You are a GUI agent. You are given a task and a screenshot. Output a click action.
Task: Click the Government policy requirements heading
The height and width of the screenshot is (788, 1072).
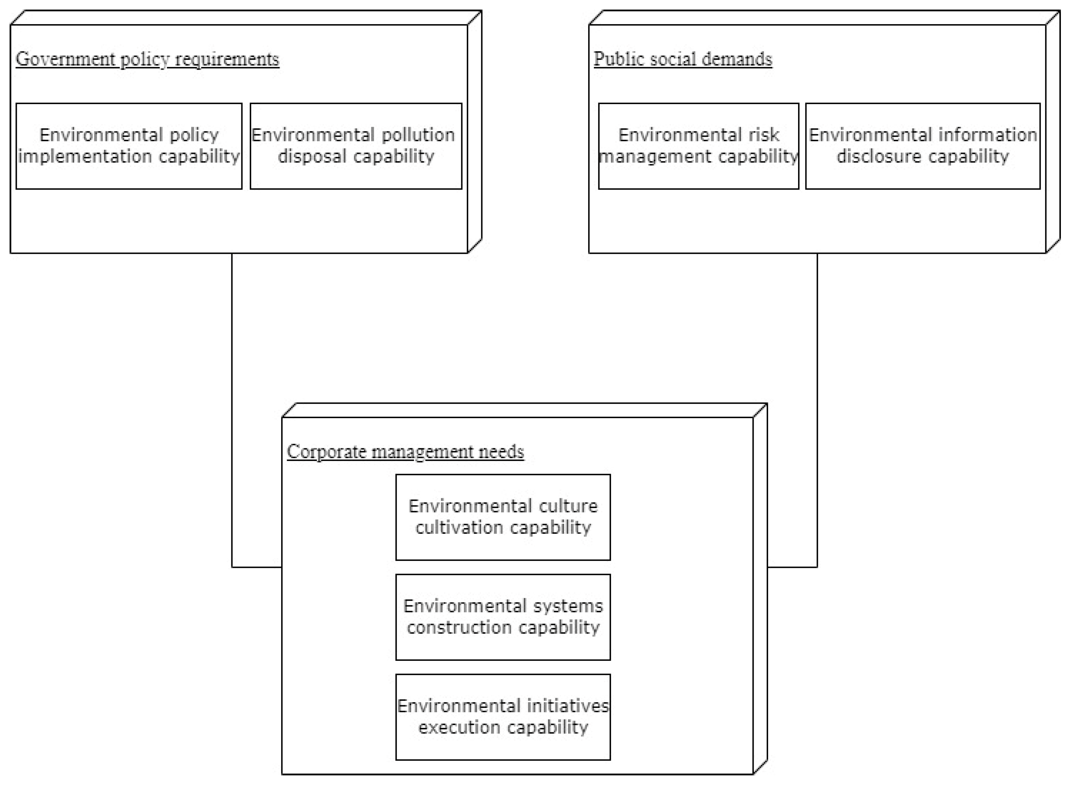click(147, 59)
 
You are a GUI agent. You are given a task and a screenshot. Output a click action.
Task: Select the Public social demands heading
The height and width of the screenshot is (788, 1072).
click(682, 59)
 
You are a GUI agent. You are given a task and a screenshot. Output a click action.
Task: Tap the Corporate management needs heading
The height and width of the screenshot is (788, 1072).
click(405, 451)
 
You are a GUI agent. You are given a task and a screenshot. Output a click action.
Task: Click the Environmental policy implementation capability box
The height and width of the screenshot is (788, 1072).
click(129, 146)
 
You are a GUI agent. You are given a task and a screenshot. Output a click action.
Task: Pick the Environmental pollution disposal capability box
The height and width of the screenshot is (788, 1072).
click(356, 146)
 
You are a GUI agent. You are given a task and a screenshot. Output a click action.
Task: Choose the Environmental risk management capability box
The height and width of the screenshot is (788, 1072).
click(698, 146)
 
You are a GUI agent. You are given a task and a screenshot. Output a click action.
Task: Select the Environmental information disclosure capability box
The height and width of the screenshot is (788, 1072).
click(923, 146)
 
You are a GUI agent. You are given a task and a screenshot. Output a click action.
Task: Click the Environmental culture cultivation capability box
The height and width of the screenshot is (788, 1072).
click(503, 517)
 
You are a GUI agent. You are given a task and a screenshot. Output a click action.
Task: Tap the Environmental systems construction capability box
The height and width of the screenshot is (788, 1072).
click(503, 617)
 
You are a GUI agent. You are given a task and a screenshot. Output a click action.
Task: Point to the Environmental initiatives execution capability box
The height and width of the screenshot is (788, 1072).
click(503, 716)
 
